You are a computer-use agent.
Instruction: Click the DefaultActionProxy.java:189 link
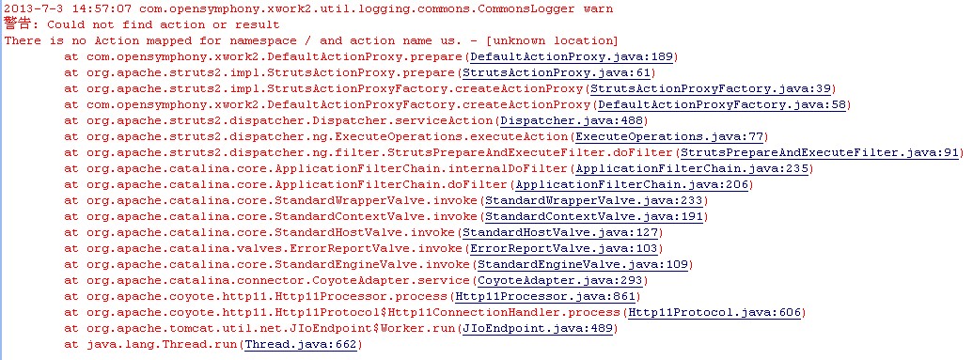point(572,57)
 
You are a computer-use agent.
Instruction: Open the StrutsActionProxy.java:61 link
point(556,73)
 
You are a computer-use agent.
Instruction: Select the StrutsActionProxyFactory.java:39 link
point(710,88)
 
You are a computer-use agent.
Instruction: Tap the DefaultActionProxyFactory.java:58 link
point(722,105)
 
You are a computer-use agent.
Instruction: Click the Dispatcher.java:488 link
point(572,121)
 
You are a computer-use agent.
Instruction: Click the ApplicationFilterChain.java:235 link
point(691,169)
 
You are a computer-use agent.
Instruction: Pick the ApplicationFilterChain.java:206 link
point(632,185)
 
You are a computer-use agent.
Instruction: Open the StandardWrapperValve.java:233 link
point(594,201)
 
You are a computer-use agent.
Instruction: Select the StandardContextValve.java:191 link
point(594,216)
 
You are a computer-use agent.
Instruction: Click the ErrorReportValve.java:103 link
point(563,249)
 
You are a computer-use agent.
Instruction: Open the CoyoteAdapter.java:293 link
point(560,280)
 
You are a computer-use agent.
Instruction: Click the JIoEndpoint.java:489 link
point(538,328)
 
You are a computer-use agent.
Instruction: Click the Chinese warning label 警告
point(17,24)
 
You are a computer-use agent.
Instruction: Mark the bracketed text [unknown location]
point(552,41)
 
